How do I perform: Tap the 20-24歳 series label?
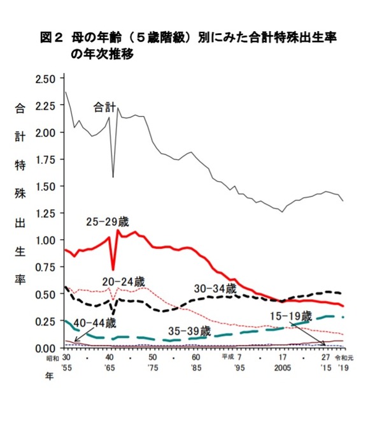click(x=124, y=281)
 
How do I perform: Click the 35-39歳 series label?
click(x=189, y=331)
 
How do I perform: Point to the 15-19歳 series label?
click(x=290, y=316)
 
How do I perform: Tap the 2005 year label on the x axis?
click(x=280, y=369)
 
